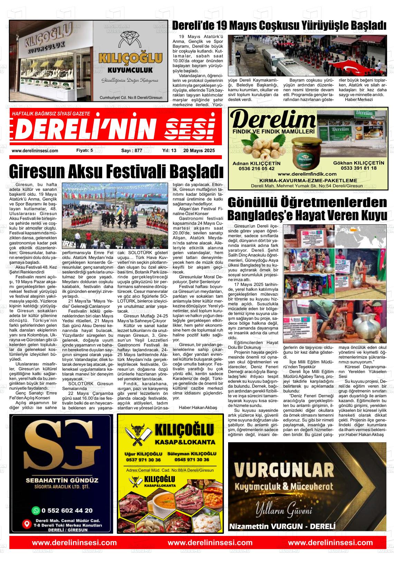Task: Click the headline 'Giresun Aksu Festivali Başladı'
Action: pos(116,171)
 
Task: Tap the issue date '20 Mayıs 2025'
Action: pos(199,151)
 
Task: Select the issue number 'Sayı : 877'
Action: pos(132,151)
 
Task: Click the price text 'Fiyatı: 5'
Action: pos(84,151)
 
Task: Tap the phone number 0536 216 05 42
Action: pos(256,168)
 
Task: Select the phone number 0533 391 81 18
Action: pos(358,168)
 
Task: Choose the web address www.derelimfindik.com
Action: pos(307,174)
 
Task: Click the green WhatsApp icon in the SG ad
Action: pos(36,510)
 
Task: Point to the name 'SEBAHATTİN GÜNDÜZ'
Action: pos(62,480)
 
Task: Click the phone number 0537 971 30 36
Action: pos(143,460)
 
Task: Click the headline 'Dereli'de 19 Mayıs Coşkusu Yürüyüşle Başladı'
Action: pos(279,25)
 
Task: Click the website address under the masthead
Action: pos(35,151)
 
